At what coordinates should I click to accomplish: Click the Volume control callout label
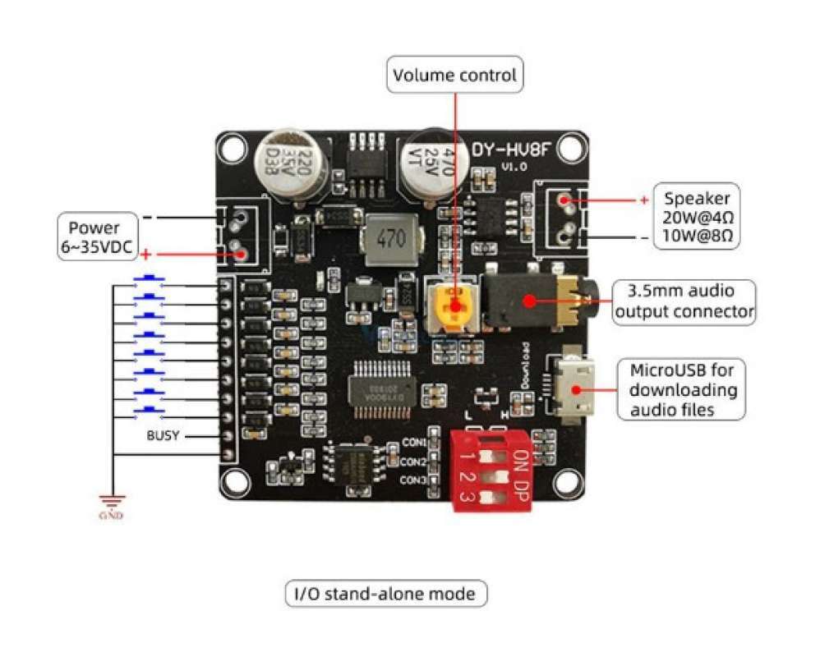click(454, 75)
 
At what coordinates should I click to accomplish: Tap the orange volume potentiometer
click(451, 306)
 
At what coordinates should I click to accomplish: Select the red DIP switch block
click(491, 469)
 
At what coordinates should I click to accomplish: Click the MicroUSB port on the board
click(575, 389)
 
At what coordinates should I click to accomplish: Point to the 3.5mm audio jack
click(534, 299)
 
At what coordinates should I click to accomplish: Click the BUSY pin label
click(163, 435)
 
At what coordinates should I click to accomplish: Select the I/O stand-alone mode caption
click(385, 593)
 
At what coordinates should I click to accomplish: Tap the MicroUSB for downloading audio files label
click(683, 389)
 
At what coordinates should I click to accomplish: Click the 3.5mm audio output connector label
click(684, 301)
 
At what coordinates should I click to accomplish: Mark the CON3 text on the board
click(413, 480)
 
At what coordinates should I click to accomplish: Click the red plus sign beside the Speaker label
click(643, 200)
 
